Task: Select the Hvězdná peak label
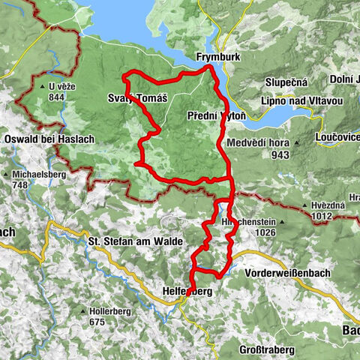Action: pos(328,205)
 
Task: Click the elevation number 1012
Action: pos(320,215)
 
